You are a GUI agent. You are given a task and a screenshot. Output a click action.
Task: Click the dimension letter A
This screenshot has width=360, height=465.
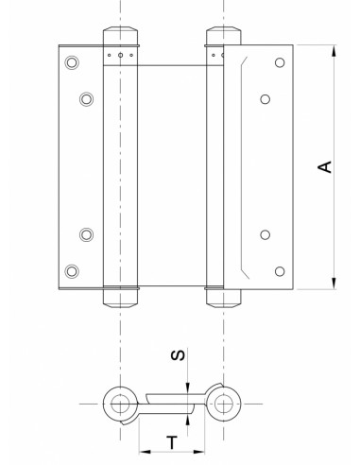[324, 167]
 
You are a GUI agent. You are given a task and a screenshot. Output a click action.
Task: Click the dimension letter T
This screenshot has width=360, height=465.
[172, 440]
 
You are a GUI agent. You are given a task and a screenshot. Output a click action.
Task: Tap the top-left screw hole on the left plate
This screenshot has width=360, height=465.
[70, 62]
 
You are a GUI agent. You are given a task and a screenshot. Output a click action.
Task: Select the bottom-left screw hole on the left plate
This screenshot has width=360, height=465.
[70, 272]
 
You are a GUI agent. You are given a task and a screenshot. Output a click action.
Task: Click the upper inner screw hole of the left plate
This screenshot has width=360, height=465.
[86, 98]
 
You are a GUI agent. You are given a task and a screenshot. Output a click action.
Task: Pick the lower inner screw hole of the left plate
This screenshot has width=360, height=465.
[86, 235]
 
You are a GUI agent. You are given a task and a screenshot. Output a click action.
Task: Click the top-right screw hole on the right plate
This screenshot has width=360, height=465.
[278, 62]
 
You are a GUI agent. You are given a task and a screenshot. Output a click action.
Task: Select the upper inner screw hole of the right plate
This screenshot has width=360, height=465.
[265, 98]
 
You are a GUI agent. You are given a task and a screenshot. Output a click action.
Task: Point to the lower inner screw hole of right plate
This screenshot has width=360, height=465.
[265, 235]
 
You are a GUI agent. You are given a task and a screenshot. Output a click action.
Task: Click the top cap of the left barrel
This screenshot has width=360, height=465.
[120, 37]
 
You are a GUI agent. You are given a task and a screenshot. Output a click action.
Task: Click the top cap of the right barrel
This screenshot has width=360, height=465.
[223, 37]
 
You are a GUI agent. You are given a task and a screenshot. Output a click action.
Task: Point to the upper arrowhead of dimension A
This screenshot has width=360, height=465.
[333, 47]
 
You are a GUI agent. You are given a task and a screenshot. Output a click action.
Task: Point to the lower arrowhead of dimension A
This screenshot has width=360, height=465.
[333, 286]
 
